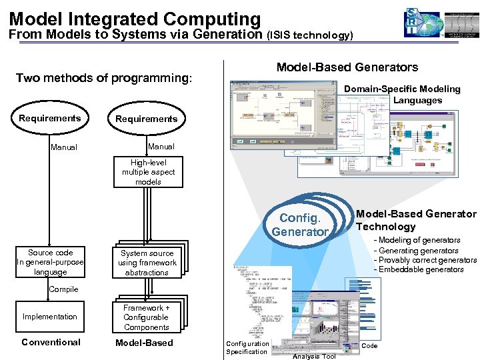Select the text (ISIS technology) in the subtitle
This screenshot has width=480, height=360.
tap(309, 35)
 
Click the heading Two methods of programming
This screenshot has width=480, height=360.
tap(104, 78)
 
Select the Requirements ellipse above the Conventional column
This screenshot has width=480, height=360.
tap(50, 119)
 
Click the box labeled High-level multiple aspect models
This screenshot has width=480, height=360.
tap(148, 172)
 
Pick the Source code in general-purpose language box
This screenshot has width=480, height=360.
tap(51, 262)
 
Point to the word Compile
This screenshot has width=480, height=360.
tap(63, 289)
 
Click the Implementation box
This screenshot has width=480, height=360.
tap(50, 317)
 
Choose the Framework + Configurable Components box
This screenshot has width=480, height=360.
tap(147, 317)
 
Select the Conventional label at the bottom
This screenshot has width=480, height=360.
tap(51, 343)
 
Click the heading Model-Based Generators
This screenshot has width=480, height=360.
tap(347, 67)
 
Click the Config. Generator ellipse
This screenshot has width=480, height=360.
tap(300, 225)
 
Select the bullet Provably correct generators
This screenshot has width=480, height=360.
tap(427, 260)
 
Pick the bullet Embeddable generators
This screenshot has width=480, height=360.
tap(420, 270)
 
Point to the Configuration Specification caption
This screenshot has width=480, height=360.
tap(247, 348)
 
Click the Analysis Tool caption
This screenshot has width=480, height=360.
tap(314, 357)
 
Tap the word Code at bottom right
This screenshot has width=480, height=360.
tap(369, 346)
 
